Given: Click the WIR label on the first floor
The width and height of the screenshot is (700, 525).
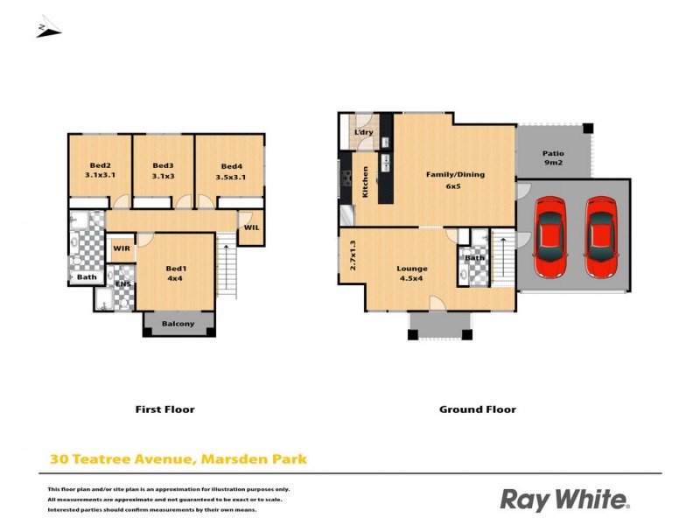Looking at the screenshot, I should click(x=122, y=248).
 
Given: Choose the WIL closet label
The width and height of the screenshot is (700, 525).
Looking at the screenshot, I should click(x=251, y=227).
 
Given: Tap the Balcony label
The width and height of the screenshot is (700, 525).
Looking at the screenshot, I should click(x=178, y=324).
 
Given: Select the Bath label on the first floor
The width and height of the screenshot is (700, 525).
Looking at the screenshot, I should click(x=86, y=277).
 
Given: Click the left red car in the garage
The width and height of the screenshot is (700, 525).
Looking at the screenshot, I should click(x=549, y=234).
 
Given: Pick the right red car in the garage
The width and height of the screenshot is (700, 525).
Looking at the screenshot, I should click(x=600, y=234).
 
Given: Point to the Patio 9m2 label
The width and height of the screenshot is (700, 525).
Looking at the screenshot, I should click(x=553, y=157).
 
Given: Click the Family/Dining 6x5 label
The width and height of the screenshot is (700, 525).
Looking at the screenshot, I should click(x=455, y=179).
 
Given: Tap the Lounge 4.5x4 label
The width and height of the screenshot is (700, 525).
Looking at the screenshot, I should click(x=411, y=274).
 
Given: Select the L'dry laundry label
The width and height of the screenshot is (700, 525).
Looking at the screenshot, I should click(x=363, y=132).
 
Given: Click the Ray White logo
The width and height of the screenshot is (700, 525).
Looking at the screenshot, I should click(x=564, y=500).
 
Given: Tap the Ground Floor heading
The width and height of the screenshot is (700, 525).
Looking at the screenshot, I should click(x=478, y=409).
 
